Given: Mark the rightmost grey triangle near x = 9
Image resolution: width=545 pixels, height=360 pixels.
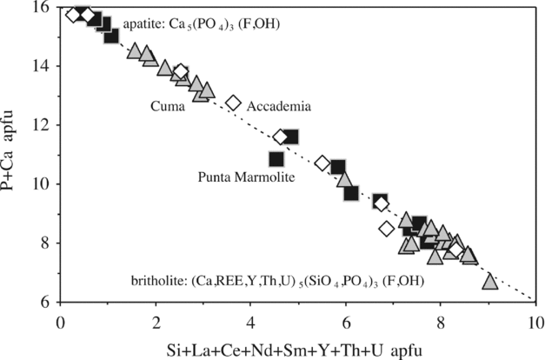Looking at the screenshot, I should tap(490, 281).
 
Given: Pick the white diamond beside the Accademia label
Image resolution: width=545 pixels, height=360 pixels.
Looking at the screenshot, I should tap(233, 103).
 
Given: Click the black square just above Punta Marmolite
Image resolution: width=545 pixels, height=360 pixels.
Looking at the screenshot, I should tap(276, 158).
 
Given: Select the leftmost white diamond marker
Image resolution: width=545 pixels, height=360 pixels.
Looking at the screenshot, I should tap(73, 14).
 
